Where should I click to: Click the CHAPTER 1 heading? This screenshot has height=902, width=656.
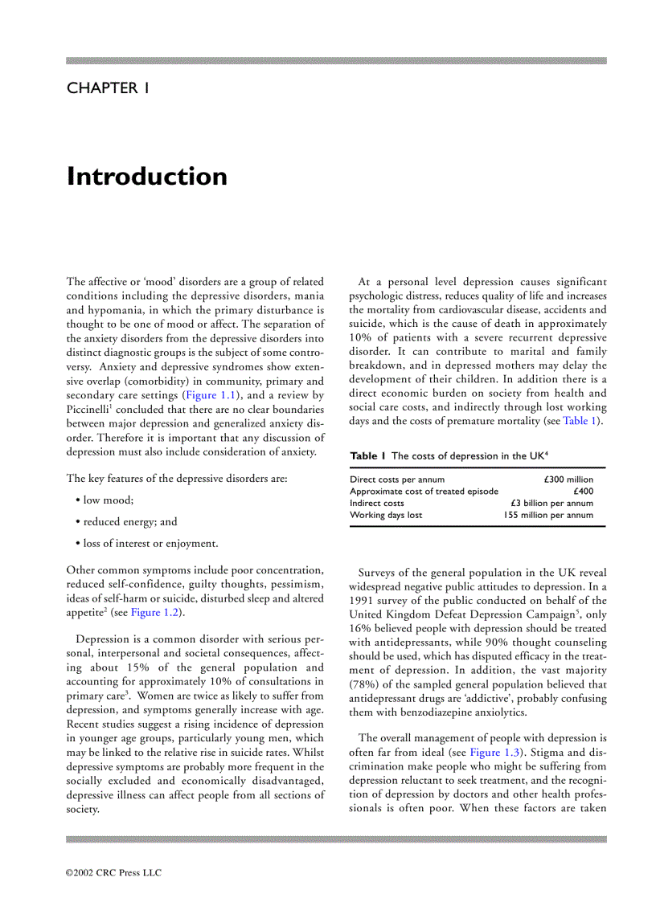point(108,88)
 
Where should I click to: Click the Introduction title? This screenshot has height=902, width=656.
point(147,176)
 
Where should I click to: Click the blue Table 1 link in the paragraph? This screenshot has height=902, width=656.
point(580,421)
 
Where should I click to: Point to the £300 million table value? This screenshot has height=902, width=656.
point(568,480)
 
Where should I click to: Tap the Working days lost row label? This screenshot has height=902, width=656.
point(386,515)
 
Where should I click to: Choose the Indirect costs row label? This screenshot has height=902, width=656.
point(377,504)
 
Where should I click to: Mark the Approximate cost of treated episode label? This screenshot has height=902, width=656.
point(424,492)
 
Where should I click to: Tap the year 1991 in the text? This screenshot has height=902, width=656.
point(363,601)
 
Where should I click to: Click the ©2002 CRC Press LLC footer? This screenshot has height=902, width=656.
point(113,872)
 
